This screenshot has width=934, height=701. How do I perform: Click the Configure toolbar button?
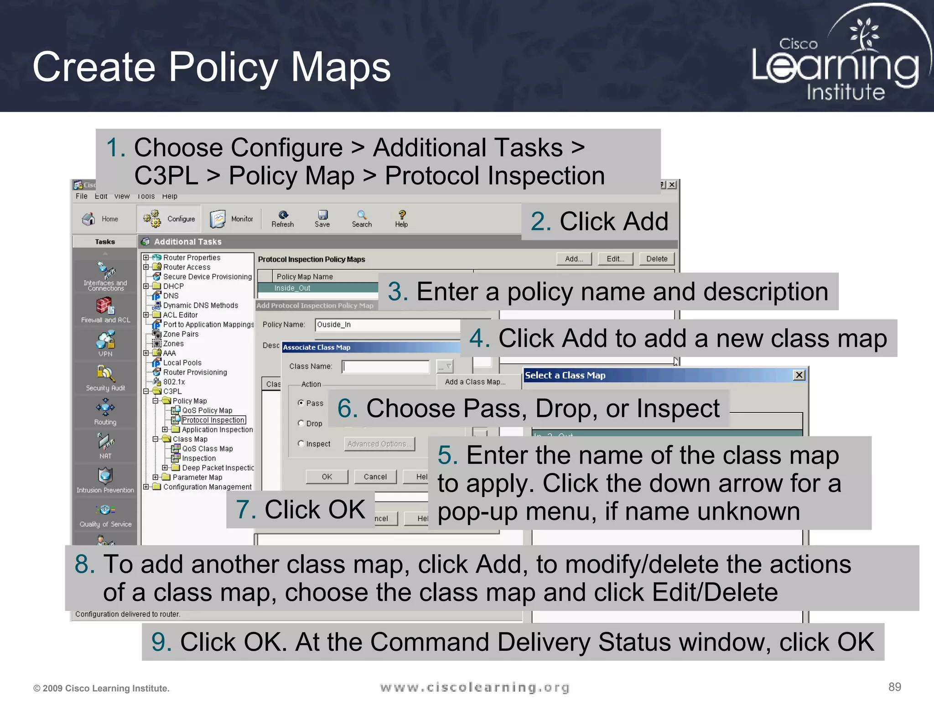pyautogui.click(x=169, y=219)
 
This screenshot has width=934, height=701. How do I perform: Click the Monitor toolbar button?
pyautogui.click(x=232, y=219)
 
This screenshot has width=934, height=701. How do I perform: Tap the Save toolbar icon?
pyautogui.click(x=322, y=215)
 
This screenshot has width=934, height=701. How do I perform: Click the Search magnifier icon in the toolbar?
pyautogui.click(x=362, y=215)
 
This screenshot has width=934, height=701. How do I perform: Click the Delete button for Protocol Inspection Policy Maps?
pyautogui.click(x=656, y=259)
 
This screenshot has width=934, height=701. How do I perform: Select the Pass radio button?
pyautogui.click(x=301, y=403)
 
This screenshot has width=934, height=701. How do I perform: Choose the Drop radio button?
pyautogui.click(x=301, y=423)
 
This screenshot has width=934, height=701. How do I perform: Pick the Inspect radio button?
pyautogui.click(x=301, y=443)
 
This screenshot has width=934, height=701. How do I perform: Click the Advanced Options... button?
pyautogui.click(x=379, y=444)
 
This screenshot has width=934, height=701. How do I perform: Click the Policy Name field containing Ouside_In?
pyautogui.click(x=388, y=324)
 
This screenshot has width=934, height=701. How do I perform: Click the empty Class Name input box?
pyautogui.click(x=386, y=366)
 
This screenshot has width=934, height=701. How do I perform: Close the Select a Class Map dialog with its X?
pyautogui.click(x=799, y=375)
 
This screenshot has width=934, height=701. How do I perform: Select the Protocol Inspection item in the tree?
pyautogui.click(x=213, y=420)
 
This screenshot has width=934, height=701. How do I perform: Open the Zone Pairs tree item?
pyautogui.click(x=181, y=334)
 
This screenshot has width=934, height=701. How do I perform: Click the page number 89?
pyautogui.click(x=894, y=687)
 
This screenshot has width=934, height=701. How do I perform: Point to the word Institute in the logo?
pyautogui.click(x=846, y=92)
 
